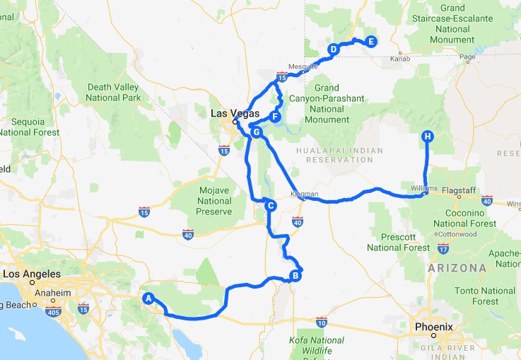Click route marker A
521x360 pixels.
[x=148, y=298]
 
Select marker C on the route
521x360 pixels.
[x=269, y=206]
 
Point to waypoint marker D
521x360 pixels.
[x=333, y=49]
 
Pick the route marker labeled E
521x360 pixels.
[x=370, y=42]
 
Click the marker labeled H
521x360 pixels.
[x=426, y=137]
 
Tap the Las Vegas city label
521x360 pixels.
[x=234, y=113]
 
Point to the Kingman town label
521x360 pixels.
[x=305, y=193]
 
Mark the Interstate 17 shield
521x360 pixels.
[x=443, y=248]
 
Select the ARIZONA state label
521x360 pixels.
[x=457, y=268]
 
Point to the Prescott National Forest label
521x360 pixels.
[x=397, y=242]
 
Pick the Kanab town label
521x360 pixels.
[x=391, y=59]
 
